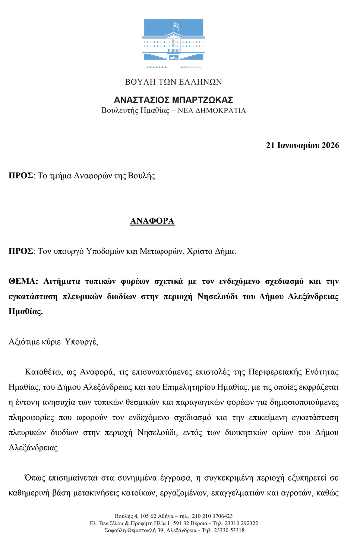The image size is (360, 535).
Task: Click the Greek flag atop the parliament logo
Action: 176,26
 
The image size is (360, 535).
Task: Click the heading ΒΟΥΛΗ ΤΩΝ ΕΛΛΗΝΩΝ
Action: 173,82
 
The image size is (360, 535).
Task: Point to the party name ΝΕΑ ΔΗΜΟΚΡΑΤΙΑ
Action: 212,111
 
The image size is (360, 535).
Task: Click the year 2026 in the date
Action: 330,145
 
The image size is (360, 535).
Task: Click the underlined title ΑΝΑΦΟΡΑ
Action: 152,221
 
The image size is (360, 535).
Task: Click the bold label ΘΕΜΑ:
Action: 23,281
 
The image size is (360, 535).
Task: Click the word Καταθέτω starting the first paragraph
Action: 43,372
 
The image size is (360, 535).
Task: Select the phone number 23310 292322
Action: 241,523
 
